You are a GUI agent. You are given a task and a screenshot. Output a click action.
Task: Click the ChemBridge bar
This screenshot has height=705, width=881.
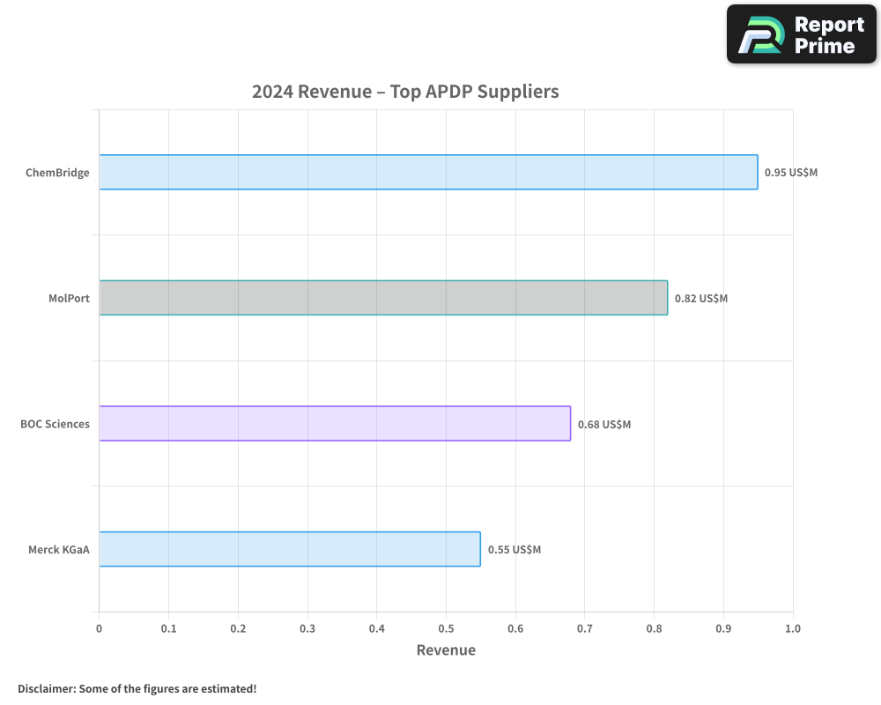(x=428, y=172)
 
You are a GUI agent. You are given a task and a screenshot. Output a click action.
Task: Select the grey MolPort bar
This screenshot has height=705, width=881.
(x=383, y=298)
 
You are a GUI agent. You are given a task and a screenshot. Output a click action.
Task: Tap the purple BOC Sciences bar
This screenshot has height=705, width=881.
(x=335, y=423)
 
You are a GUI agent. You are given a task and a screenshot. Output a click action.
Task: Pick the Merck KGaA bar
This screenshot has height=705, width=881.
(x=290, y=549)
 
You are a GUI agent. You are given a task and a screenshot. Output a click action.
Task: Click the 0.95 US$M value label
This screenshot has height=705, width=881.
(x=790, y=173)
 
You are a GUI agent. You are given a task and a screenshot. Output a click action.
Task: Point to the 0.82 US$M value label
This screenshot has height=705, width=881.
(x=700, y=298)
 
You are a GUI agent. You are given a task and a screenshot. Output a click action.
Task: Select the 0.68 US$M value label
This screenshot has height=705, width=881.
(x=603, y=424)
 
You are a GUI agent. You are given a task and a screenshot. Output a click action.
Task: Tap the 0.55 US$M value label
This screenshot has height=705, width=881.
(x=514, y=549)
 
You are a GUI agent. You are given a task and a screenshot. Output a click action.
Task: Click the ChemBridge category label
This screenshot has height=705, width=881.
(x=57, y=173)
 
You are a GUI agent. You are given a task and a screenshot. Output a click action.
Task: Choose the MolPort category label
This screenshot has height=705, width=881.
(x=69, y=298)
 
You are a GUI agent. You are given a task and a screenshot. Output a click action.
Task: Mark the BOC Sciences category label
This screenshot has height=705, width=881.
(x=55, y=424)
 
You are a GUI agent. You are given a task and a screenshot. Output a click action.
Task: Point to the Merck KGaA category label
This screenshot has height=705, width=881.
(x=59, y=549)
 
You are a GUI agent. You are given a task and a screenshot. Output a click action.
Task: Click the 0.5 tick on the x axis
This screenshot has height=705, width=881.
(x=446, y=628)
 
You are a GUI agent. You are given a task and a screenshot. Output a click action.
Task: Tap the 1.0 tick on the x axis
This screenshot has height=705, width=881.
(x=792, y=628)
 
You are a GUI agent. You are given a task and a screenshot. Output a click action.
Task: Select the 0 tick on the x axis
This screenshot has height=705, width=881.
(x=99, y=628)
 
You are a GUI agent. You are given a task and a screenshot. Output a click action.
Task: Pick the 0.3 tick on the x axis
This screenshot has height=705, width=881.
(x=307, y=628)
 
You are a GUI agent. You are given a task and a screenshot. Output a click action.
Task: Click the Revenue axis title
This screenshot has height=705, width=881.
(x=445, y=650)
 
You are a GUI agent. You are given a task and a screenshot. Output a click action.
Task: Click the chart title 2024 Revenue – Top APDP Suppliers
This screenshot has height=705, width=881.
(x=405, y=91)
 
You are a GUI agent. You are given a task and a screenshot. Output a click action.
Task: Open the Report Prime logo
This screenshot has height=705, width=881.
(x=801, y=34)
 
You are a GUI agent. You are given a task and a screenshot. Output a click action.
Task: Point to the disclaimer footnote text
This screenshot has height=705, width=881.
(x=137, y=688)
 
